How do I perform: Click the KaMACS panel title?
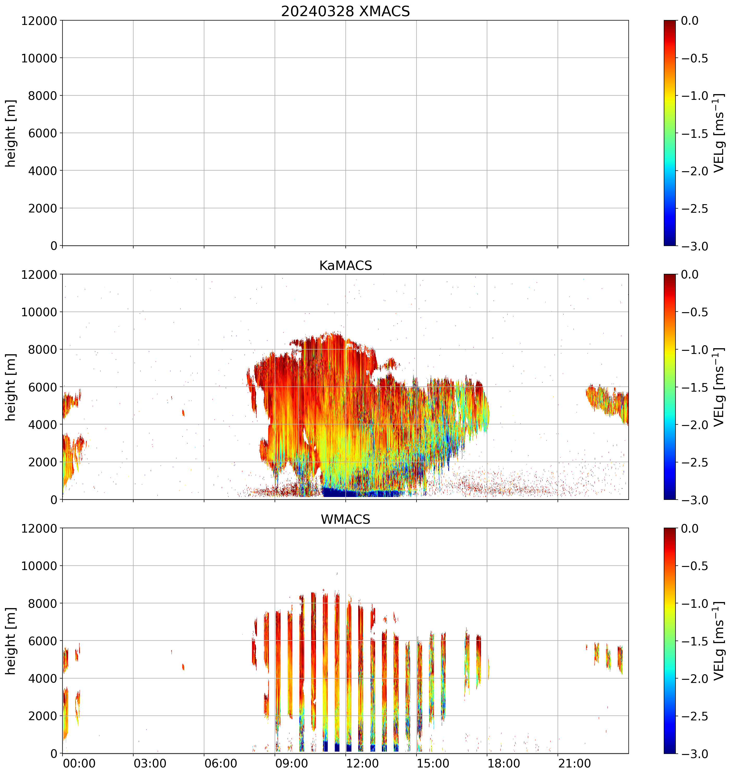point(345,266)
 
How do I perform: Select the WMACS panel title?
point(345,520)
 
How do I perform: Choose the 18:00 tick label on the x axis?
point(504,763)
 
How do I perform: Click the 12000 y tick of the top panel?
point(39,21)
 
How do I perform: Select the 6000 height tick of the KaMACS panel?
point(42,387)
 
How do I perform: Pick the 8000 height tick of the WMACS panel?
point(42,603)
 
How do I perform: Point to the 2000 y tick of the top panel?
point(42,208)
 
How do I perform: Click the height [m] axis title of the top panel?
point(11,133)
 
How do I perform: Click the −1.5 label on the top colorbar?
point(695,133)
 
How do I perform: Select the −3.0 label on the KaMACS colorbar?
point(695,500)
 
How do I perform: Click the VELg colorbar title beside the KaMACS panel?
point(719,387)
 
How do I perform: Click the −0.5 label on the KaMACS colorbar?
point(695,312)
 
